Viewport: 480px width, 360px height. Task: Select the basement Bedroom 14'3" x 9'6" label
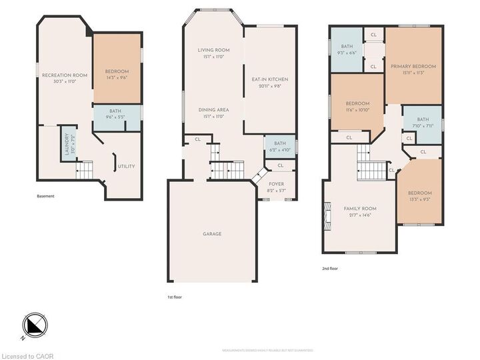[x=117, y=74]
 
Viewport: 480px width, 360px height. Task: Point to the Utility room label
[x=127, y=166]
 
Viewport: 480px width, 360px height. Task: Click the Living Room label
[x=213, y=53]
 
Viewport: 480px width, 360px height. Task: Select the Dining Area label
[x=213, y=112]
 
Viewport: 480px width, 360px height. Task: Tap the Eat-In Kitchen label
[x=269, y=83]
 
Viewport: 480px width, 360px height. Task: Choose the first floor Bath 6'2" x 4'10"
[x=280, y=145]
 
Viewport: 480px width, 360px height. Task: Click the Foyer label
[x=276, y=187]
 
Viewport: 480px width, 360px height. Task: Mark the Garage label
[x=212, y=234]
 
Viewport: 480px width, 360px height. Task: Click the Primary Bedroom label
[x=413, y=69]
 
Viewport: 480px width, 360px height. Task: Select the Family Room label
[x=360, y=211]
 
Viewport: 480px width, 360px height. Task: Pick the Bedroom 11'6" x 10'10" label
[x=357, y=106]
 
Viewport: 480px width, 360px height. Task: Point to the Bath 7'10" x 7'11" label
[x=423, y=122]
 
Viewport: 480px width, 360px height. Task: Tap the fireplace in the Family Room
[x=327, y=217]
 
